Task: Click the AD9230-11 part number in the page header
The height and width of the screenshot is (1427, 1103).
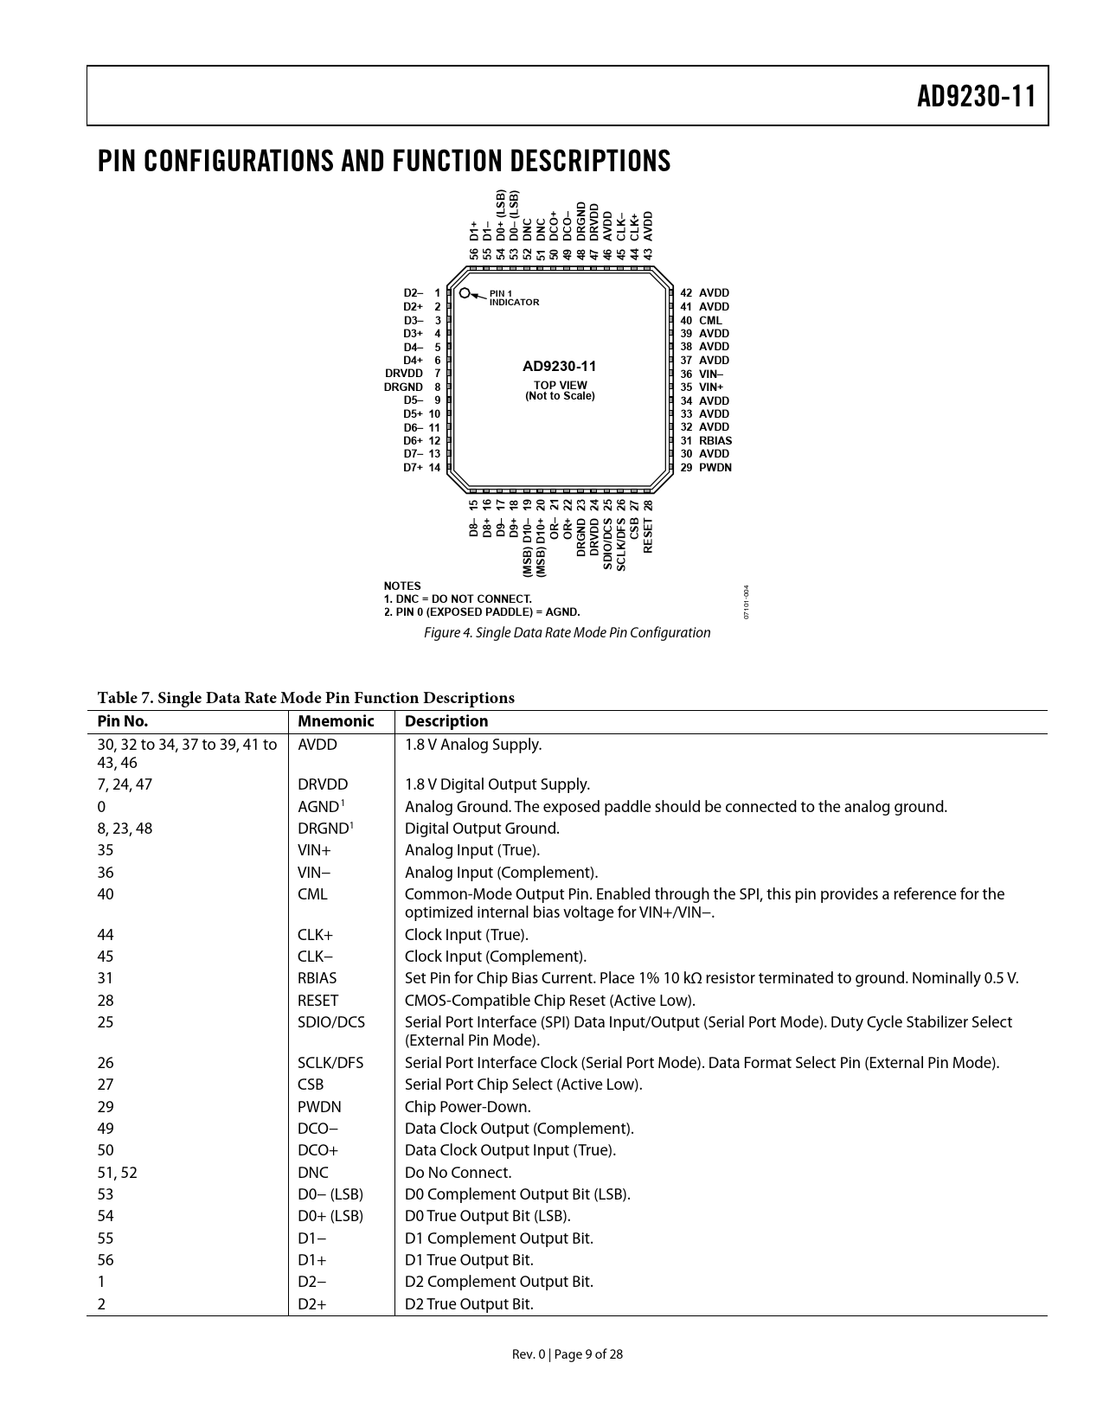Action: (976, 97)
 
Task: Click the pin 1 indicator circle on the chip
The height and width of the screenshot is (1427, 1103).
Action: (465, 294)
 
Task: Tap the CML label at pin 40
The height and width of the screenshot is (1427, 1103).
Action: (710, 321)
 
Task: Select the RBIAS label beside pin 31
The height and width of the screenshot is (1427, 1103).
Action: (715, 440)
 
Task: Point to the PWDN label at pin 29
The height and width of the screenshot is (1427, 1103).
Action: (715, 468)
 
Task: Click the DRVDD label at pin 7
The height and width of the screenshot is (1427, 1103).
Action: (404, 374)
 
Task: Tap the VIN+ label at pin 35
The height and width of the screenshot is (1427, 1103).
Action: (711, 387)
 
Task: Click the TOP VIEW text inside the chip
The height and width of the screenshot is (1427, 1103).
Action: (561, 385)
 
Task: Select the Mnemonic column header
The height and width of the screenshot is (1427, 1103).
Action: (336, 721)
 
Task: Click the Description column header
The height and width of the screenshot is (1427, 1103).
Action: (446, 721)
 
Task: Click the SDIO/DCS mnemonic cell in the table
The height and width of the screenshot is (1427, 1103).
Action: (331, 1022)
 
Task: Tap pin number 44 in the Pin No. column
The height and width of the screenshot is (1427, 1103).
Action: (106, 935)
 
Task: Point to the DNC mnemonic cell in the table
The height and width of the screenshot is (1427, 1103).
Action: (313, 1173)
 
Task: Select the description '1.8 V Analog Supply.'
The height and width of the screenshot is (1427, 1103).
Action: (473, 745)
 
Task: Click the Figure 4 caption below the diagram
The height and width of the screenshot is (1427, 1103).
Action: (567, 632)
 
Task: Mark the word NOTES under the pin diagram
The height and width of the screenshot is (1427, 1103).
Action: (402, 586)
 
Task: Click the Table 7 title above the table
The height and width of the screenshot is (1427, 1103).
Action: (305, 698)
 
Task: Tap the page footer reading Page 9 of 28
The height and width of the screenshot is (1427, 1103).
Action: (567, 1354)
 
